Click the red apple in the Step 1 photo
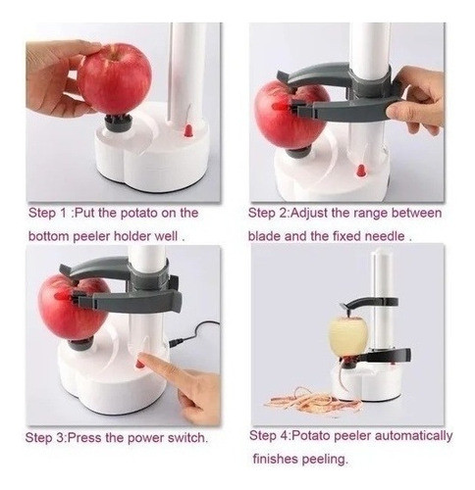coord(114,78)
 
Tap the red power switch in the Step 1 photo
coord(188,130)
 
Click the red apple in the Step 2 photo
coord(290,115)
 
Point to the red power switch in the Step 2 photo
coord(361,171)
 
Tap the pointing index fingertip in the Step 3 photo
coord(143,359)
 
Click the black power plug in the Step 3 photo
coord(176,342)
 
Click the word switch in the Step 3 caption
coord(187,437)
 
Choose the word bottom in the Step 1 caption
coord(49,236)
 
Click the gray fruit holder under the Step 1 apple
coord(119,122)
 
